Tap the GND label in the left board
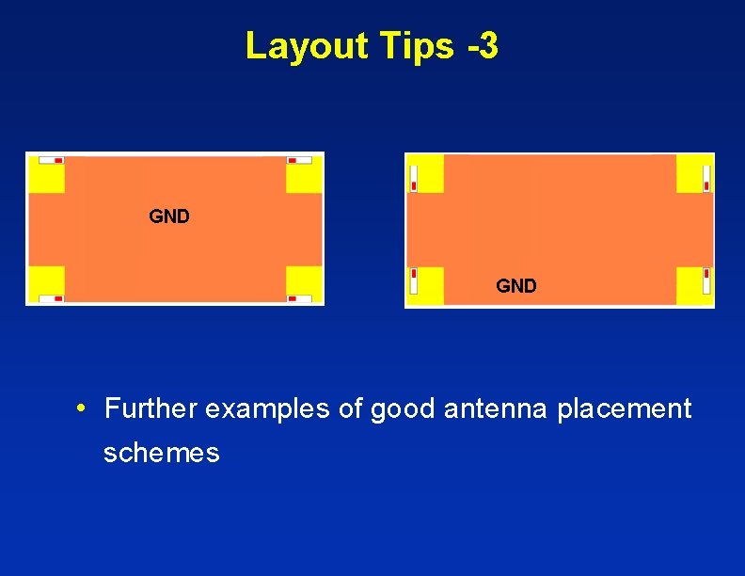[x=169, y=216]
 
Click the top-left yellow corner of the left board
[x=46, y=174]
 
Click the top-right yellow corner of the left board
[x=304, y=174]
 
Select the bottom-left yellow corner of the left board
[x=46, y=284]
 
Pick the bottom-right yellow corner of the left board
[x=304, y=284]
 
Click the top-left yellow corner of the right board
[x=425, y=173]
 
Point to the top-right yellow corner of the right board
[x=694, y=173]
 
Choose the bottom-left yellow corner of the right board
[x=425, y=286]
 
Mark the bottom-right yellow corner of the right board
[x=694, y=286]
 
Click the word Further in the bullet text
[x=151, y=408]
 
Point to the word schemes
[x=162, y=453]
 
